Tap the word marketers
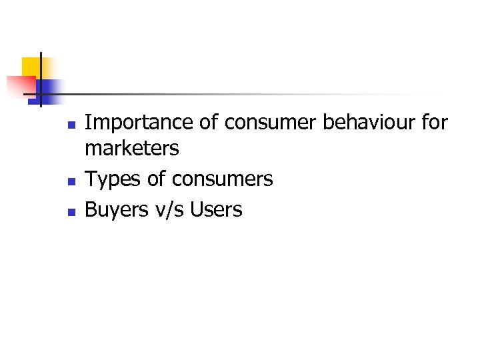[132, 149]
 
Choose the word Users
[216, 210]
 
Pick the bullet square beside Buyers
[71, 212]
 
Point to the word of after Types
[155, 179]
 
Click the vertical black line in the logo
[41, 79]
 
